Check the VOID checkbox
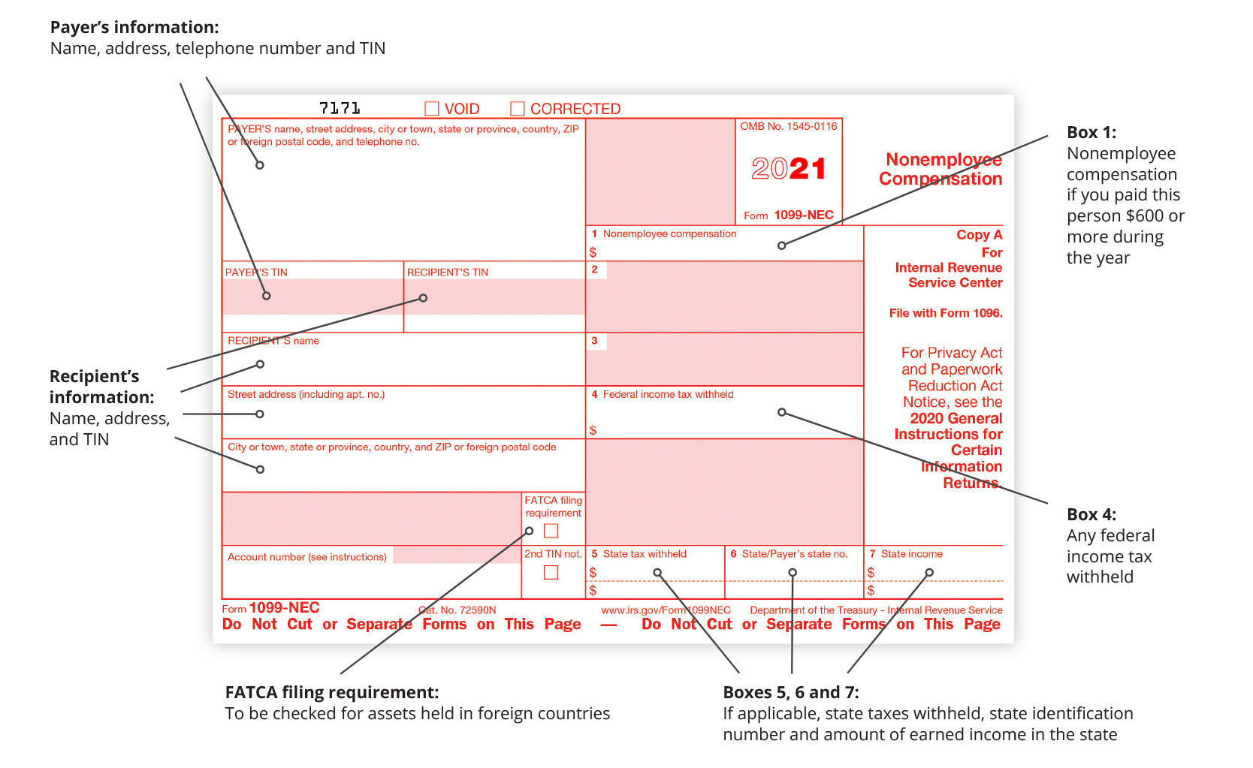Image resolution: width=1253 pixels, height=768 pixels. pos(432,109)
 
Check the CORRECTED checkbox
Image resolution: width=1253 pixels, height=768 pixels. pos(518,109)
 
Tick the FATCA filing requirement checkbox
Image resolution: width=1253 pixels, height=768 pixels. pos(551,531)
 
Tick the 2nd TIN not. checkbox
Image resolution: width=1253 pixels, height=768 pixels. pos(551,572)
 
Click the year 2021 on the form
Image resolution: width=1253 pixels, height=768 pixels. pos(789,169)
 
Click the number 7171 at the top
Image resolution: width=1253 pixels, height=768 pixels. pos(340,108)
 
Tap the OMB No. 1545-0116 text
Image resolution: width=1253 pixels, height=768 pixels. pos(789,126)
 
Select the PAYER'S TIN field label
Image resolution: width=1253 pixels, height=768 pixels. pos(256,273)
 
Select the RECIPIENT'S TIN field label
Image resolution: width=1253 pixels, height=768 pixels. pos(448,273)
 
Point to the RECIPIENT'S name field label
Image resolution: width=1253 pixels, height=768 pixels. pos(273,341)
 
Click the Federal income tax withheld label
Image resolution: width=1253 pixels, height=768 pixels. pos(668,394)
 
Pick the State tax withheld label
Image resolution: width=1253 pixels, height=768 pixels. pos(645,554)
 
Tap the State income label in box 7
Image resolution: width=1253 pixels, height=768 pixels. pos(911,554)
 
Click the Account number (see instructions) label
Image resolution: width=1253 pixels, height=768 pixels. pos(307,557)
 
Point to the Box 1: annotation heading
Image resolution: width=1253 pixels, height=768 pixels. pos(1091,132)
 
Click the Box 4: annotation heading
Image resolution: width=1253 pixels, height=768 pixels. pos(1091,514)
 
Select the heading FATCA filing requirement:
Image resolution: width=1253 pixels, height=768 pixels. pos(332,692)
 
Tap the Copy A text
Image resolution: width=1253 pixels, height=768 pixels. pos(979,235)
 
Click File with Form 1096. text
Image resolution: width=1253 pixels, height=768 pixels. pos(946,313)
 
